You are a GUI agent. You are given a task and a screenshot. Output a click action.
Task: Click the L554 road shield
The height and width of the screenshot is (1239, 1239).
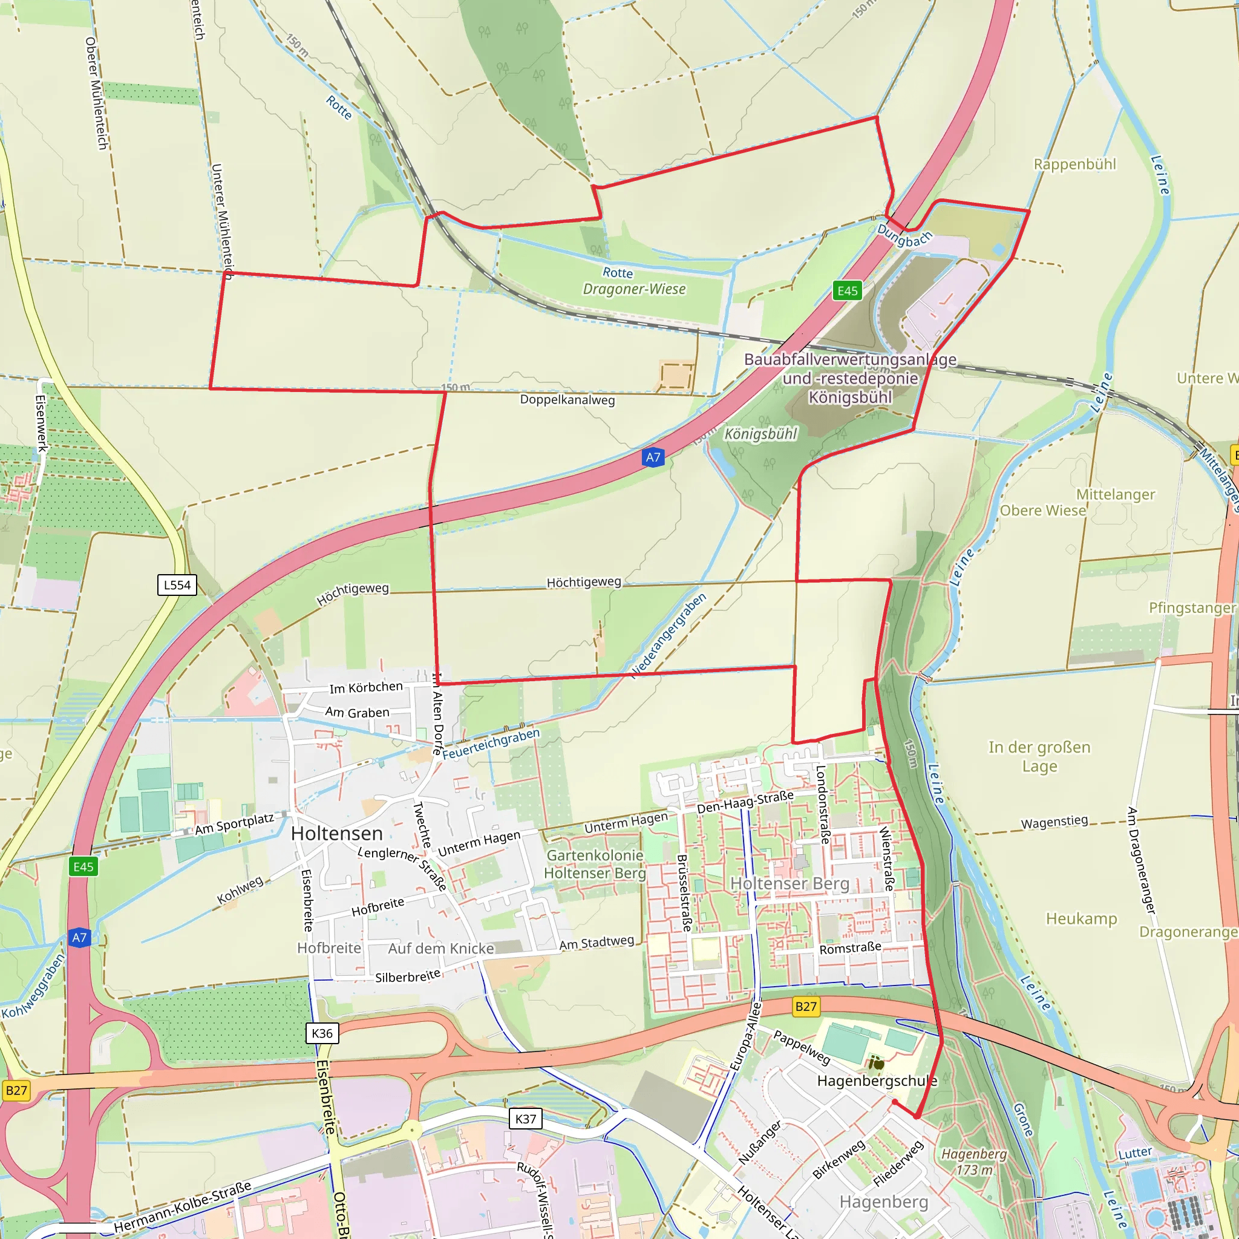pyautogui.click(x=177, y=585)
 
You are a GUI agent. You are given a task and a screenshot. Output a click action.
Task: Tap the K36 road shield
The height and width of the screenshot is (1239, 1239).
pyautogui.click(x=322, y=1033)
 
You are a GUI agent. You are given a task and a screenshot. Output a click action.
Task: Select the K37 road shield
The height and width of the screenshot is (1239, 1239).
pyautogui.click(x=525, y=1119)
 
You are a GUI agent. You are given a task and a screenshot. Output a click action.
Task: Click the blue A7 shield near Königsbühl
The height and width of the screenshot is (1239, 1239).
pyautogui.click(x=652, y=457)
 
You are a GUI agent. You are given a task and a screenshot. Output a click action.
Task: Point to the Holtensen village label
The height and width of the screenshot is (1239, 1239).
pyautogui.click(x=337, y=833)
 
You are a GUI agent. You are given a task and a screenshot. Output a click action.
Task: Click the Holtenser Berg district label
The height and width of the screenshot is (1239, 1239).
pyautogui.click(x=789, y=884)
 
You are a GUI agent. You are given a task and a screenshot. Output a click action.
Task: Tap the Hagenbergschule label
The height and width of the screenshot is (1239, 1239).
pyautogui.click(x=877, y=1080)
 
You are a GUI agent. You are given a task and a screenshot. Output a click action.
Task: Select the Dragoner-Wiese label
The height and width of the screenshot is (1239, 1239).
pyautogui.click(x=633, y=289)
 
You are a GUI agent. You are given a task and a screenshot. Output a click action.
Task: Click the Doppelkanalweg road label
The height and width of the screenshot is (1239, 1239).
pyautogui.click(x=567, y=400)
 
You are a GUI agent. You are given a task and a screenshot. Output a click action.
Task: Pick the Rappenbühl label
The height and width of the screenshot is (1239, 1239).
pyautogui.click(x=1075, y=164)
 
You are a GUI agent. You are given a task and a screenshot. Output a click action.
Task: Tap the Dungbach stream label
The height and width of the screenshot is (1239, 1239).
pyautogui.click(x=904, y=235)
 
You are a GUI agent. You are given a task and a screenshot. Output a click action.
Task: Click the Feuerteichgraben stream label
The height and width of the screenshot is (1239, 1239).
pyautogui.click(x=491, y=744)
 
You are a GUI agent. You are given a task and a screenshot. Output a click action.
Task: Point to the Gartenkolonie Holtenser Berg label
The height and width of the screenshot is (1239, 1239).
pyautogui.click(x=595, y=864)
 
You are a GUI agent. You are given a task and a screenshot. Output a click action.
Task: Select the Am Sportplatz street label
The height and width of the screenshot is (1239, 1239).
pyautogui.click(x=234, y=824)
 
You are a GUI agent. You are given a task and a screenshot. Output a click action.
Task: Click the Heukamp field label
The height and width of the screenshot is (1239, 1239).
pyautogui.click(x=1081, y=918)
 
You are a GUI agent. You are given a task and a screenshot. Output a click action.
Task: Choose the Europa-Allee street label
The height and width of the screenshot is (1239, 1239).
pyautogui.click(x=745, y=1036)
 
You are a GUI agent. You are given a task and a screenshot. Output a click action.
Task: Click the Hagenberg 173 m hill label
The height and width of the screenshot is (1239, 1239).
pyautogui.click(x=974, y=1162)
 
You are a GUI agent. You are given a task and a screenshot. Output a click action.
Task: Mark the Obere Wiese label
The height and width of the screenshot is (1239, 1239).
pyautogui.click(x=1043, y=511)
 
